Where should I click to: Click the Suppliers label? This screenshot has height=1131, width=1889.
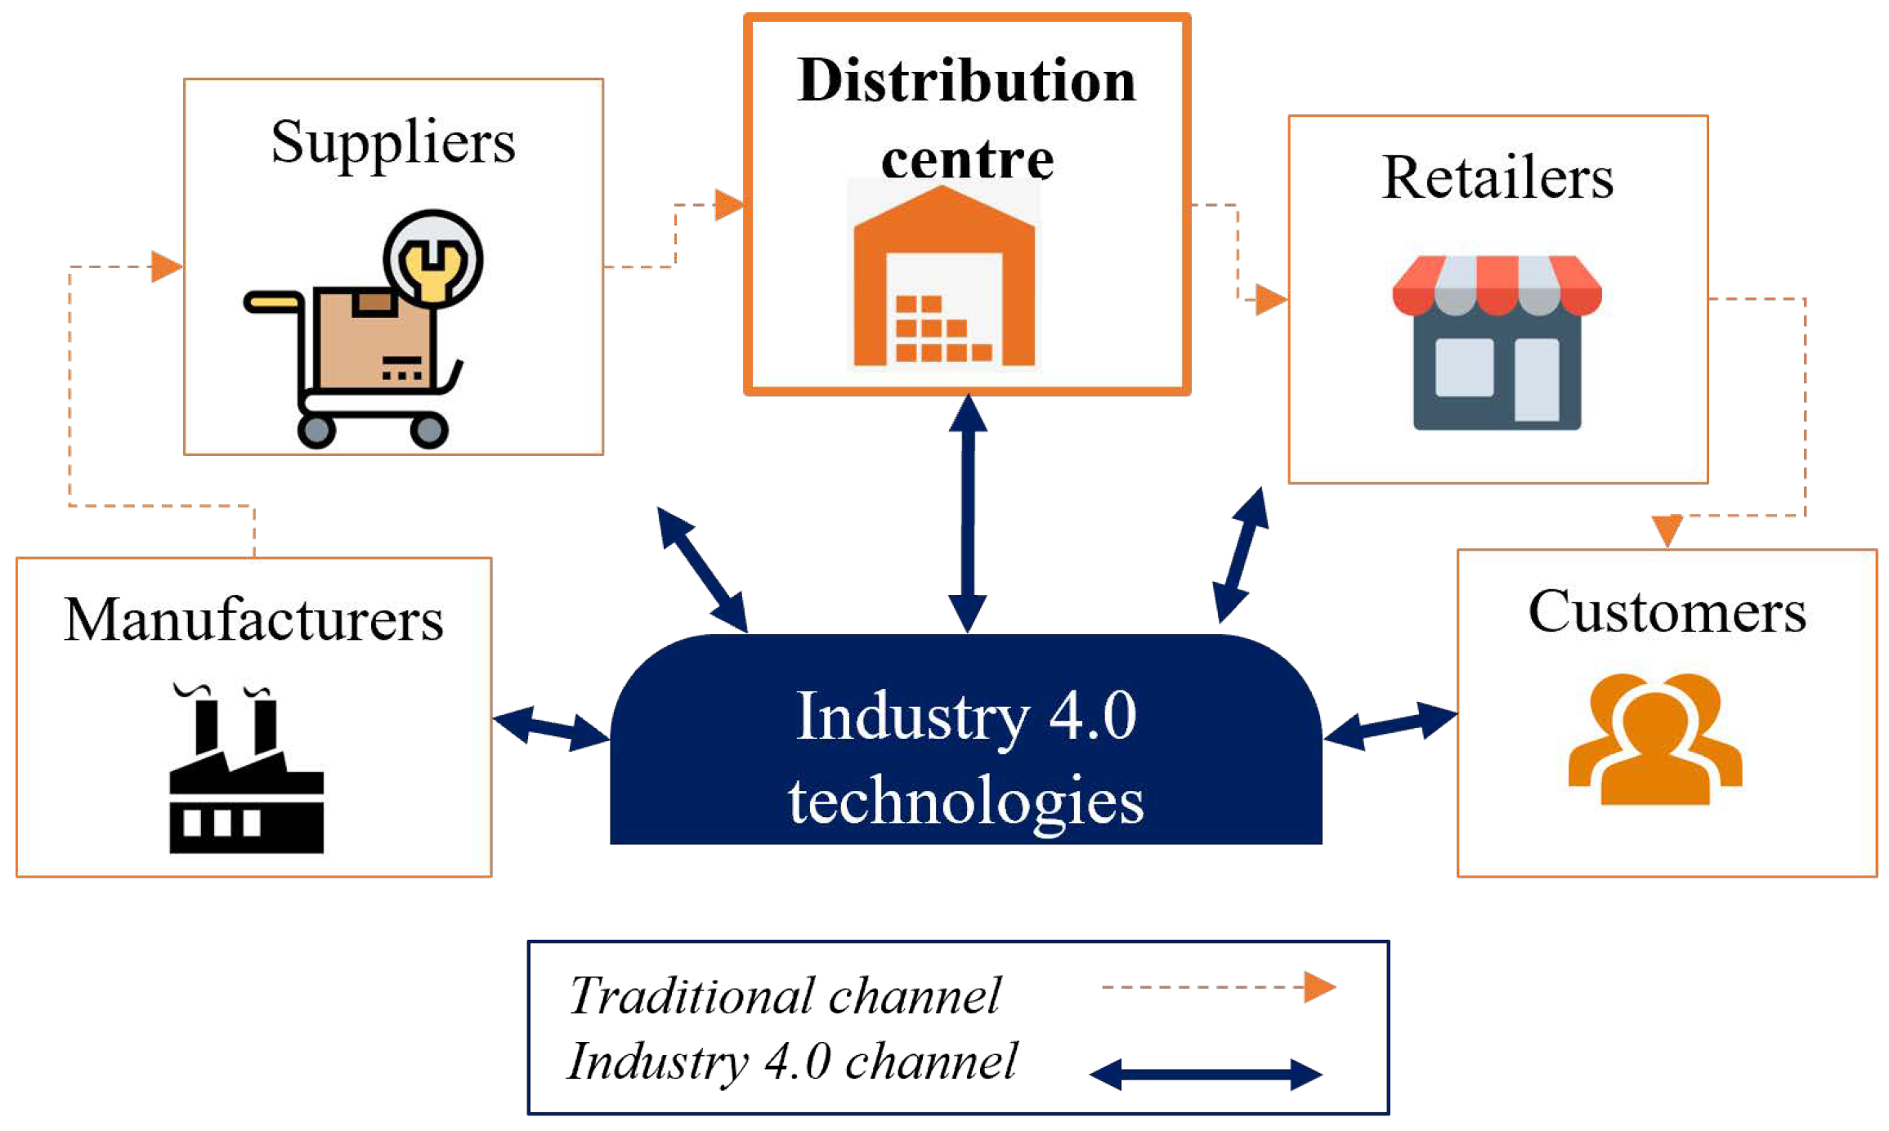pyautogui.click(x=393, y=144)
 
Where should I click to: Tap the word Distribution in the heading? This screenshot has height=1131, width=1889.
pyautogui.click(x=967, y=82)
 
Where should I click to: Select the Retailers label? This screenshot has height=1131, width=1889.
pyautogui.click(x=1497, y=178)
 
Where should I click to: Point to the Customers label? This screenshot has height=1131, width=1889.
pyautogui.click(x=1667, y=612)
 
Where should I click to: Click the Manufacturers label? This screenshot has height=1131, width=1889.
pyautogui.click(x=253, y=620)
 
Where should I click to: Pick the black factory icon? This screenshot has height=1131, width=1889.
pyautogui.click(x=246, y=772)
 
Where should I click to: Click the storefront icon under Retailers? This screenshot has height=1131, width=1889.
pyautogui.click(x=1497, y=343)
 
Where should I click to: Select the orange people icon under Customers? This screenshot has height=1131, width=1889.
pyautogui.click(x=1655, y=740)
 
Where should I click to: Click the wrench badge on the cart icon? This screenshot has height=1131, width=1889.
pyautogui.click(x=433, y=259)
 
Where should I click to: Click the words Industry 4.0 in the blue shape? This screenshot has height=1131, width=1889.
pyautogui.click(x=966, y=716)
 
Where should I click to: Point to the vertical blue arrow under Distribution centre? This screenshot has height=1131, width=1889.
pyautogui.click(x=968, y=514)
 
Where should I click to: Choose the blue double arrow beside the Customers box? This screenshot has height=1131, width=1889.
pyautogui.click(x=1390, y=725)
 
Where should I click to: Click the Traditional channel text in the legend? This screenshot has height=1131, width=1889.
pyautogui.click(x=785, y=996)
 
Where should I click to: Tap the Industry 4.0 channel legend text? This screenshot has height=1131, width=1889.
pyautogui.click(x=791, y=1062)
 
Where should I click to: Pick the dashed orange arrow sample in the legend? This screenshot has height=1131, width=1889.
pyautogui.click(x=1217, y=987)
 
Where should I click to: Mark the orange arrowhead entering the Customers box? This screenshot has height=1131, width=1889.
pyautogui.click(x=1667, y=530)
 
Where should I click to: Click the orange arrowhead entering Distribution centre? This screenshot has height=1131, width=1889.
pyautogui.click(x=728, y=204)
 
